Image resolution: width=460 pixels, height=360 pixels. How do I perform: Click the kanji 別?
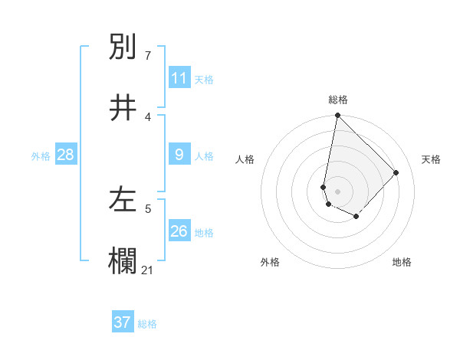point(123,47)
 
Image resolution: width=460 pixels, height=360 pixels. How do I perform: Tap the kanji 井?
point(123,107)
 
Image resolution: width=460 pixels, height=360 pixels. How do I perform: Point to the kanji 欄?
point(123,260)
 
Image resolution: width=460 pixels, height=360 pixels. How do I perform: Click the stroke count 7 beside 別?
point(148,56)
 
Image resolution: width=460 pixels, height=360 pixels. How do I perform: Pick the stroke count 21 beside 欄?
point(148,270)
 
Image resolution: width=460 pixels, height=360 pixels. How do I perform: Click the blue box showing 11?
point(179,78)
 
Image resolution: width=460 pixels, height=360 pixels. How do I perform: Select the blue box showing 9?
point(179,155)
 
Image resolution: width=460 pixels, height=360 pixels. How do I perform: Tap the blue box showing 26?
point(179,231)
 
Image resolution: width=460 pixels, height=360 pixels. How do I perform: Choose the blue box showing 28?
point(65,155)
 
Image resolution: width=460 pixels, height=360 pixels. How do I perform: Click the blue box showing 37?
point(122,322)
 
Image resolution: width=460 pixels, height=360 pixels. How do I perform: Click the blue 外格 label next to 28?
point(41,156)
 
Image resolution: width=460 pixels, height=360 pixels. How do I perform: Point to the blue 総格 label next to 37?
point(147,324)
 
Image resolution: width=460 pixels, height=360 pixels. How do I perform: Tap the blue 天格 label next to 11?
point(204,80)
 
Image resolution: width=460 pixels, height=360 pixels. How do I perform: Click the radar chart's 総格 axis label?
point(338,100)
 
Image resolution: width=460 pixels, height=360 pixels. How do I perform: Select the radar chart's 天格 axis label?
point(431,159)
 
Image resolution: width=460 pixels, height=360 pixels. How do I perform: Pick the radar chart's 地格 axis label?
point(402,262)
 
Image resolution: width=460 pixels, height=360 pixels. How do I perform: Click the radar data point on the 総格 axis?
point(337,116)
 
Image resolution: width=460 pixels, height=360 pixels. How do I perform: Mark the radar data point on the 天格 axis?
point(396,172)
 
